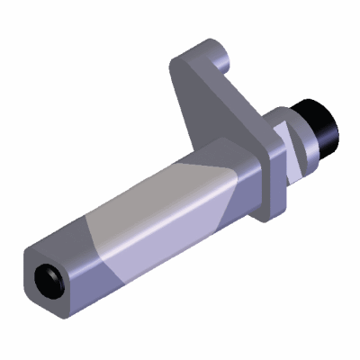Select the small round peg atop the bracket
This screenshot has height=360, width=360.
click(x=226, y=60)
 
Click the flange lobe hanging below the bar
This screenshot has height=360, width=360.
click(x=266, y=207)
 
